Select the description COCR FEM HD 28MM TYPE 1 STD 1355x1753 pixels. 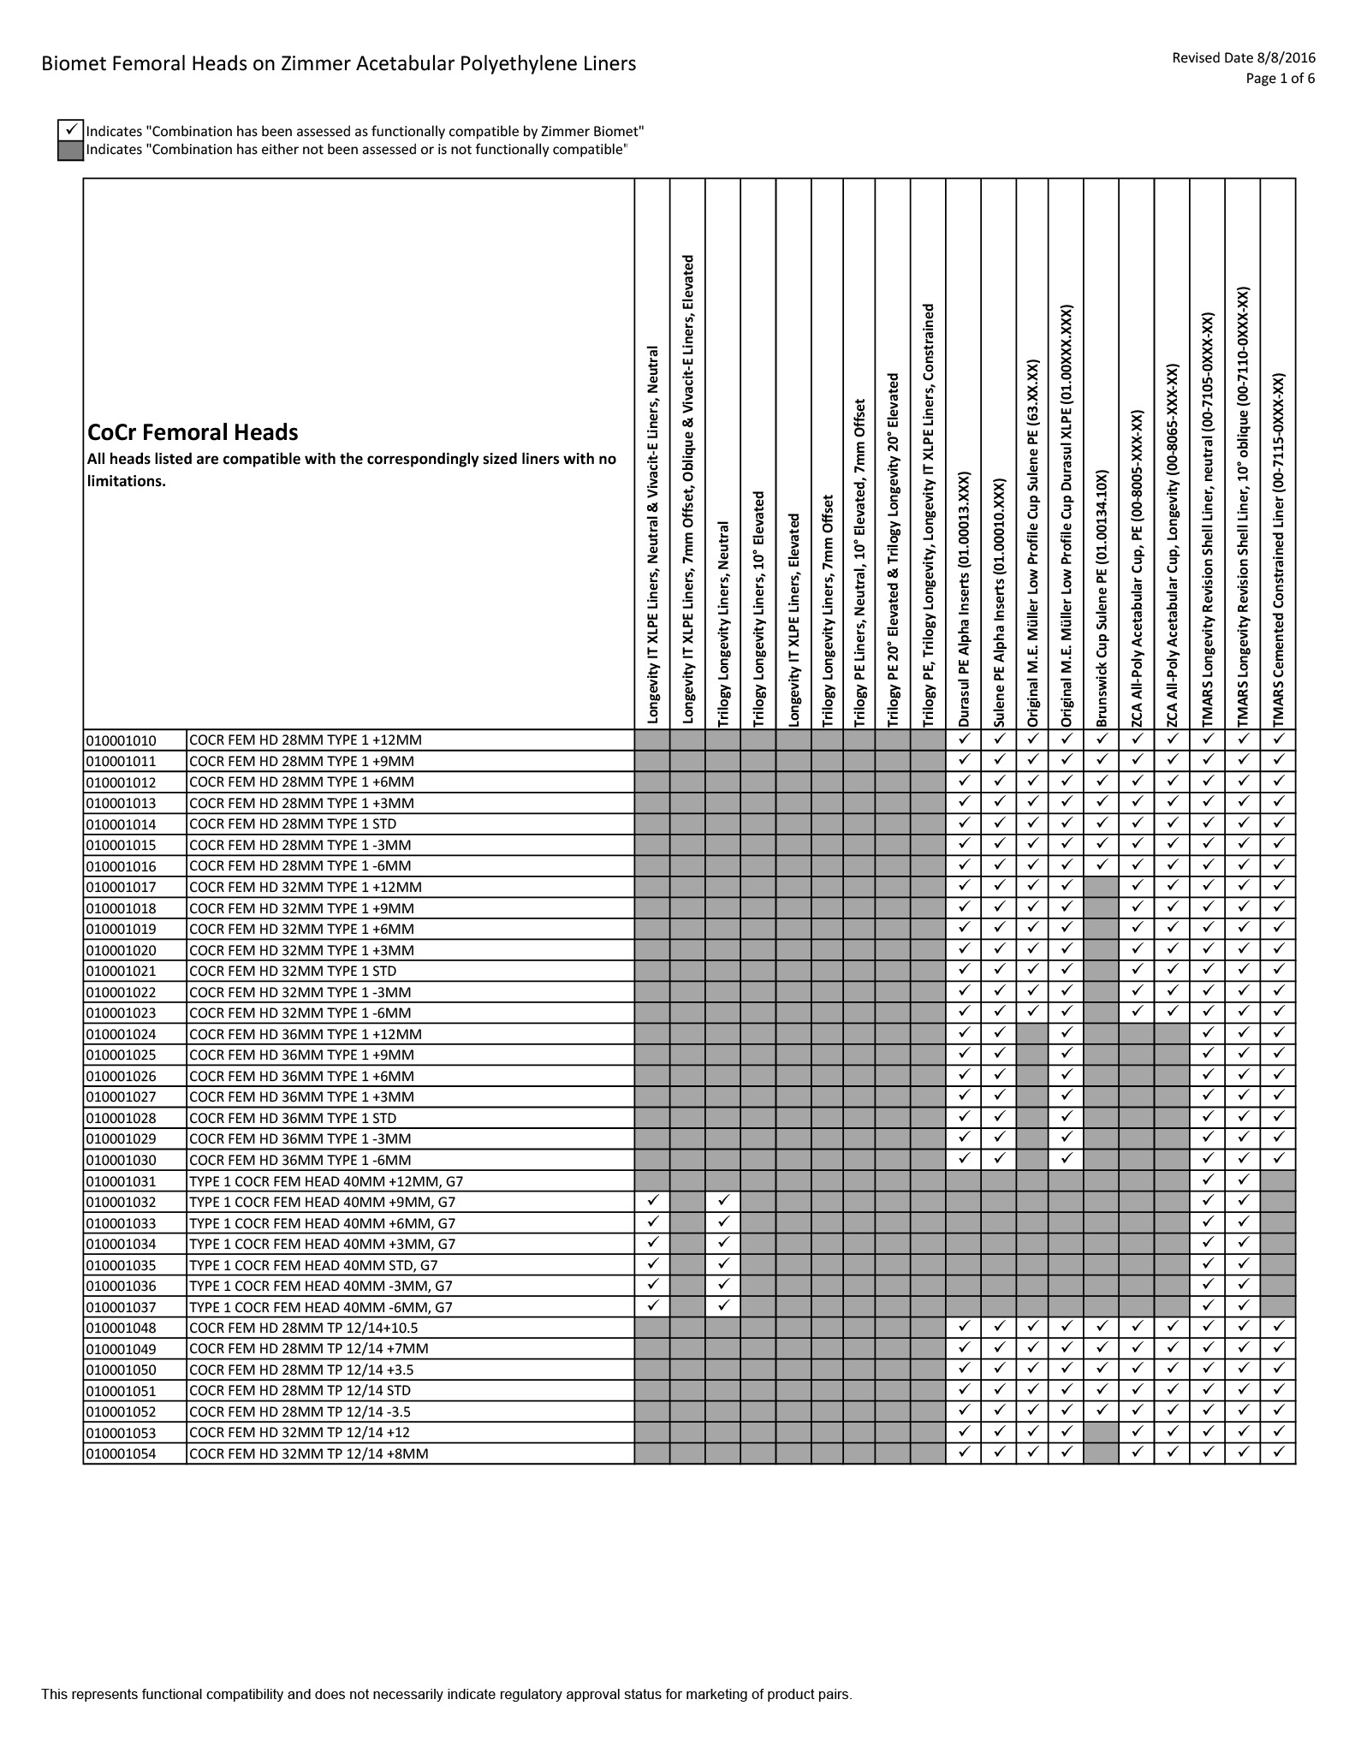[292, 824]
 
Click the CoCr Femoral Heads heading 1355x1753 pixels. [193, 432]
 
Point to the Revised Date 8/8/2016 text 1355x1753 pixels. [1243, 58]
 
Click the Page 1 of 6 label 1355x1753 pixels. [1280, 79]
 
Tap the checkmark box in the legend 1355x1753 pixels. [70, 131]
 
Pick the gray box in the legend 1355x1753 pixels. [70, 150]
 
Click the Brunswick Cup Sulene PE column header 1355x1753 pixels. [1102, 599]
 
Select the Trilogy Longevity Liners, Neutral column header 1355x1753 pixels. [723, 625]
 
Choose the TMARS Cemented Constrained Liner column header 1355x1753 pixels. [1279, 548]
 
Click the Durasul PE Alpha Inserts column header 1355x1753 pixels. [964, 599]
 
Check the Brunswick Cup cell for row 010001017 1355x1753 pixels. [1102, 887]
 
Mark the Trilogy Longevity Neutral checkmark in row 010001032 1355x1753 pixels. [723, 1202]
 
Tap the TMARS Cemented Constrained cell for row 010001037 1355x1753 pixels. [1279, 1307]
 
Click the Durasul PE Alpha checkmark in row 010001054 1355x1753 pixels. [964, 1453]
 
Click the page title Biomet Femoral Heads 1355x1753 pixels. [338, 64]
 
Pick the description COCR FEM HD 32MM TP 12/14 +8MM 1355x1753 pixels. [308, 1453]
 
